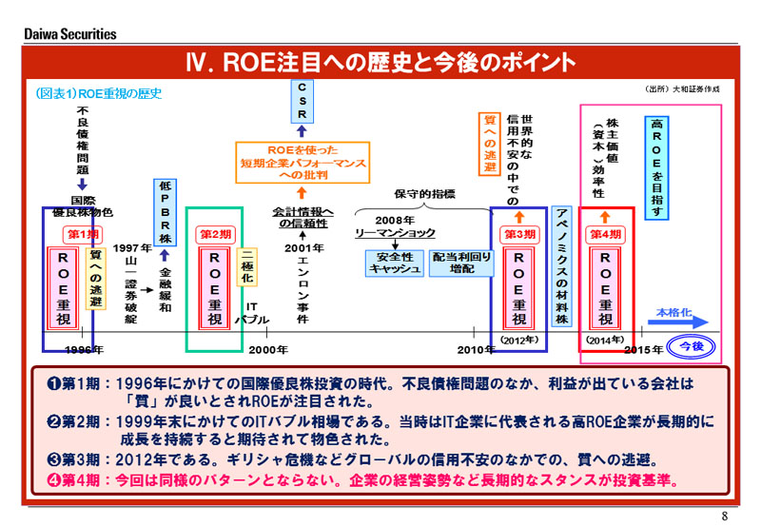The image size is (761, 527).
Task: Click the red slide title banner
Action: tap(380, 62)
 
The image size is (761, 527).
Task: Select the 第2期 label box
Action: tap(214, 233)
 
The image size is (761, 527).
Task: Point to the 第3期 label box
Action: tap(518, 233)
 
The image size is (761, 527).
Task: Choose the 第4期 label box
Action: tap(606, 233)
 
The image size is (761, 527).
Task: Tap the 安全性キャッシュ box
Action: tap(394, 263)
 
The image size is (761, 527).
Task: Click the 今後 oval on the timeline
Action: tap(692, 347)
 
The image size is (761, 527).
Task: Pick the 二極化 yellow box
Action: tap(246, 266)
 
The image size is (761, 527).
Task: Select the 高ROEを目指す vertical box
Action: tap(657, 167)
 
